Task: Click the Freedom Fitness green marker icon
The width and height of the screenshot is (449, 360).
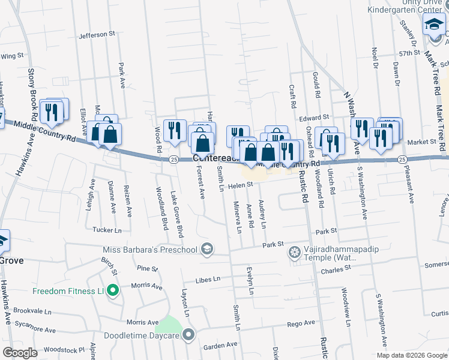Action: pyautogui.click(x=112, y=292)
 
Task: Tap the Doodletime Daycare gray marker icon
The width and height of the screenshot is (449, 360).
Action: pyautogui.click(x=189, y=335)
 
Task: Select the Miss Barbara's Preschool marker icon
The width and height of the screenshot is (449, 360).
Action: pyautogui.click(x=207, y=250)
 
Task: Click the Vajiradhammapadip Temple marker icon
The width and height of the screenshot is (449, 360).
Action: pyautogui.click(x=294, y=251)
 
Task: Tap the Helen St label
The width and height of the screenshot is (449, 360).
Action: pyautogui.click(x=240, y=186)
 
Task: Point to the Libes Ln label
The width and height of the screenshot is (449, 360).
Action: pyautogui.click(x=208, y=280)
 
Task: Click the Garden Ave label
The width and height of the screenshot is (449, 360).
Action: pyautogui.click(x=220, y=346)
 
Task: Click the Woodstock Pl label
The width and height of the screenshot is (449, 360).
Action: pyautogui.click(x=65, y=349)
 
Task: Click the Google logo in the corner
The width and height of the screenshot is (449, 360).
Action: pyautogui.click(x=20, y=353)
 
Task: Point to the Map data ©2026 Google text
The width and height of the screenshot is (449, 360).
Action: pyautogui.click(x=411, y=355)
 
